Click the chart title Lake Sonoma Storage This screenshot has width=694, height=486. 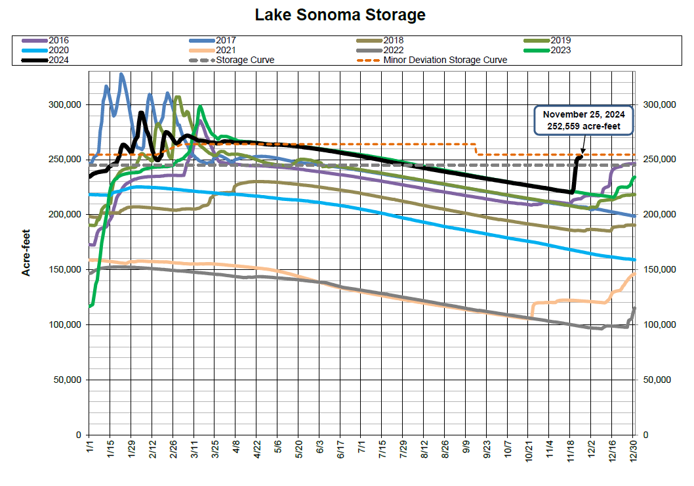(x=340, y=15)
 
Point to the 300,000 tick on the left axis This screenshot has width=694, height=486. (x=64, y=105)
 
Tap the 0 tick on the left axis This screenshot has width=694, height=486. (x=77, y=435)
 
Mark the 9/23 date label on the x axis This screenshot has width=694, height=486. (x=487, y=453)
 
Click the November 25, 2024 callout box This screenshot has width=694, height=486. (x=584, y=120)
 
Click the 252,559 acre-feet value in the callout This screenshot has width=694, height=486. (x=584, y=126)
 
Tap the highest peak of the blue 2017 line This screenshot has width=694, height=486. (x=121, y=74)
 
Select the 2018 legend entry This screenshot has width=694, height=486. (x=393, y=40)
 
